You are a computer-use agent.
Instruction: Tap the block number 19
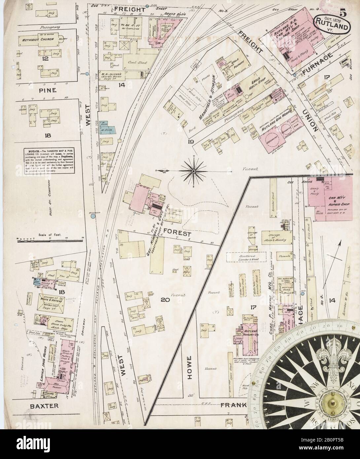[192, 142]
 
